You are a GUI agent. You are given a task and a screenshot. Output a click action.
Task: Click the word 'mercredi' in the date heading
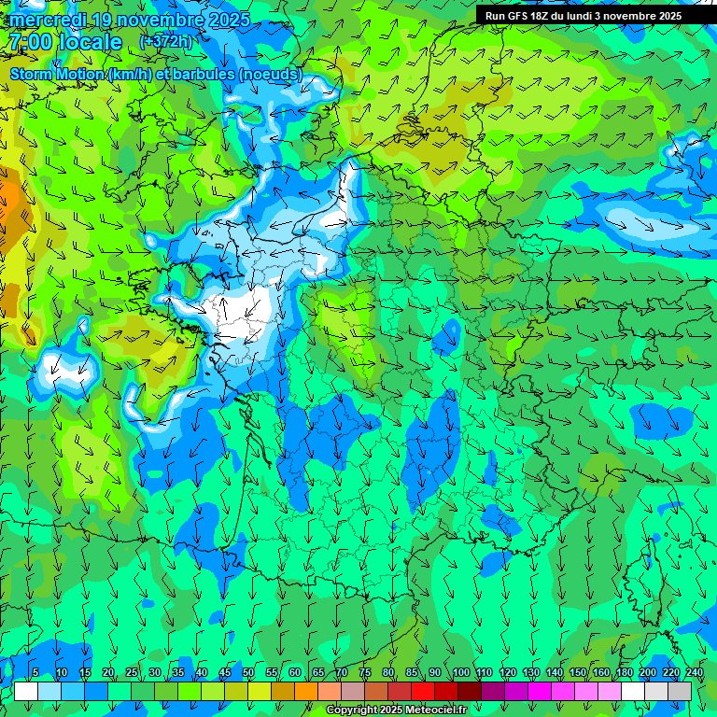point(44,20)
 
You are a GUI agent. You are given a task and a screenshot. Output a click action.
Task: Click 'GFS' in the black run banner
point(520,16)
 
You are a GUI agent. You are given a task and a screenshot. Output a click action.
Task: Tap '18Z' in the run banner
point(548,16)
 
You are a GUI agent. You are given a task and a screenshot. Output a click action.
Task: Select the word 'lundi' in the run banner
point(592,16)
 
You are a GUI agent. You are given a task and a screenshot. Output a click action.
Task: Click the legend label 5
point(35,673)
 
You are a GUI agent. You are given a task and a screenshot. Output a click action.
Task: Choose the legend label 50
point(248,673)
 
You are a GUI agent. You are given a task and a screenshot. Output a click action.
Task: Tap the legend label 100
point(461,673)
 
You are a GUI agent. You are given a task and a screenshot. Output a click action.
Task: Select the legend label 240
point(694,673)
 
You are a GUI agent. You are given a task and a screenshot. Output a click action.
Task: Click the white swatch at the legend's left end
point(26,691)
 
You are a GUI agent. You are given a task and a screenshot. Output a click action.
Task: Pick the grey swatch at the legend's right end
point(680,691)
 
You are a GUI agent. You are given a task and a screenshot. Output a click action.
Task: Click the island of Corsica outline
point(643,579)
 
